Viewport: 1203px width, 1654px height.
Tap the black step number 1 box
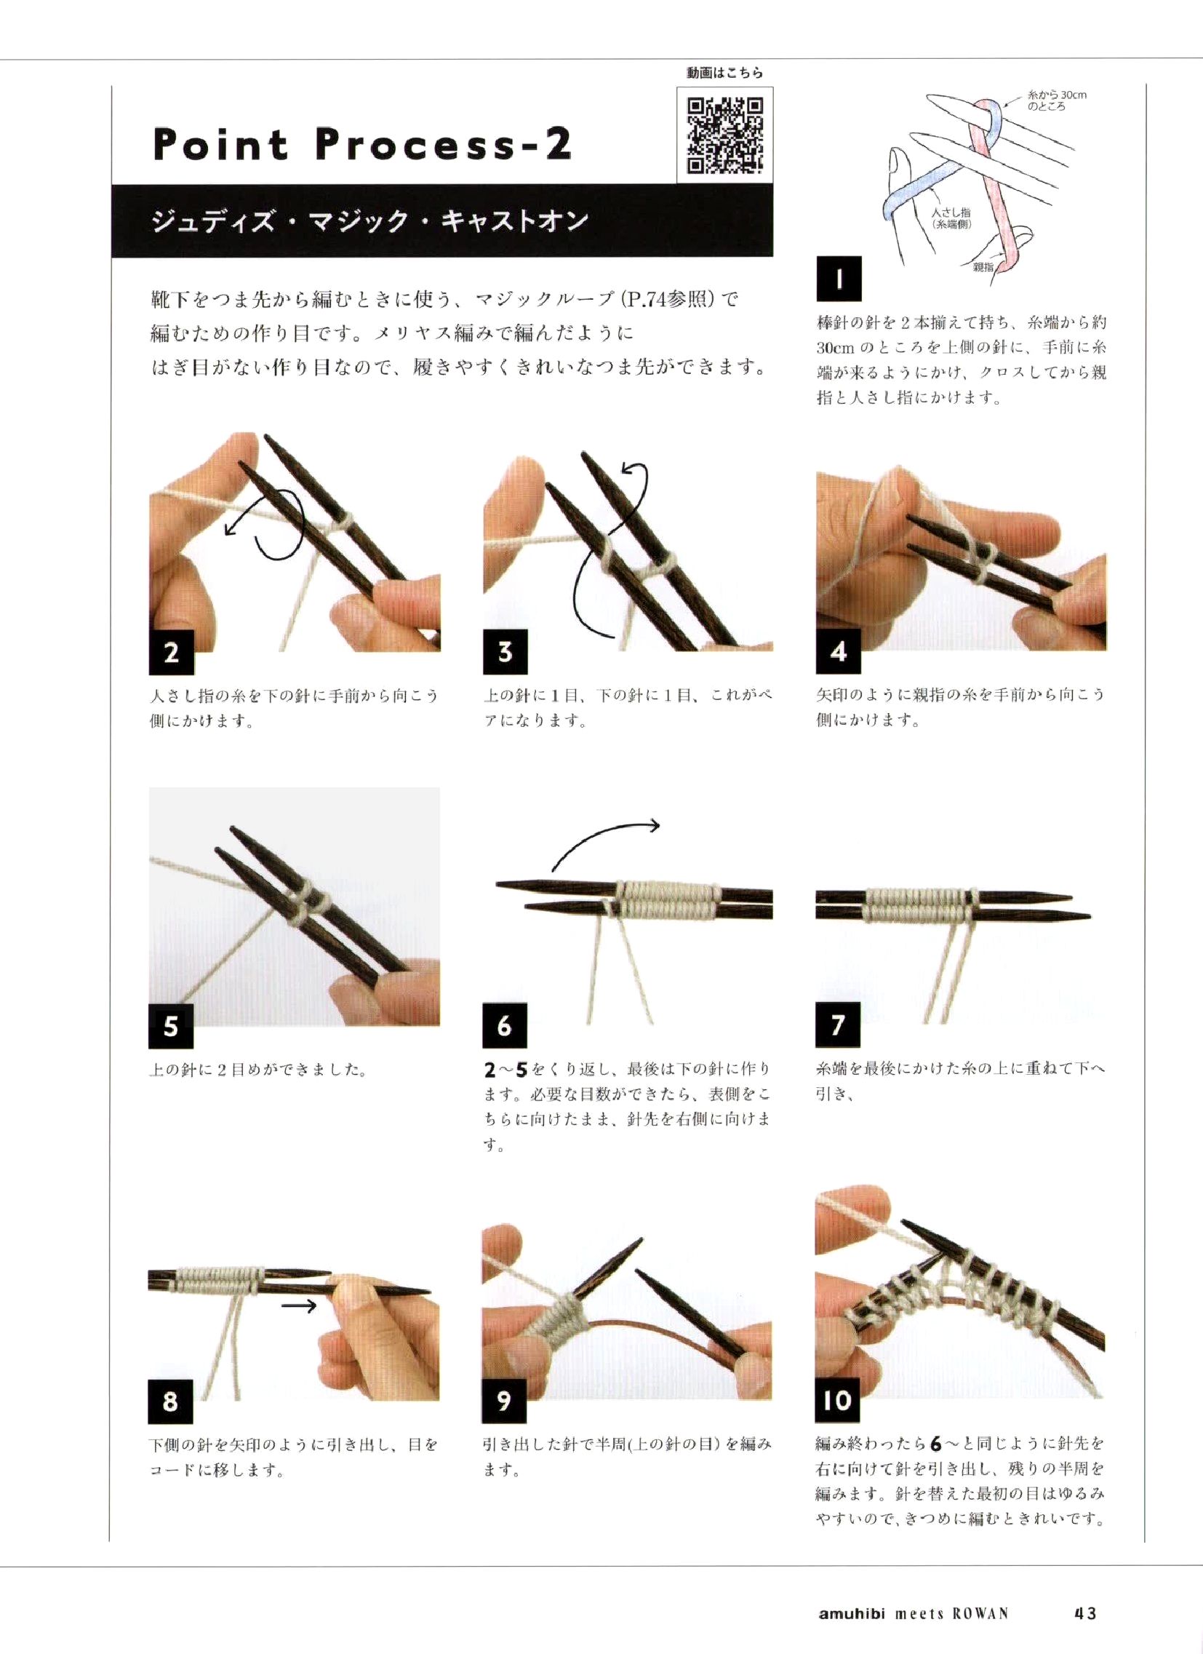point(839,279)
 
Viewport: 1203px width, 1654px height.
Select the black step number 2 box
point(172,652)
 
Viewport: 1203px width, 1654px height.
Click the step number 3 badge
point(505,652)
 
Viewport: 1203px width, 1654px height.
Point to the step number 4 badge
point(839,651)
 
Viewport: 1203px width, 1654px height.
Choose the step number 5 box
point(172,1026)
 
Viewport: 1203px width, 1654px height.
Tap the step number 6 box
point(505,1026)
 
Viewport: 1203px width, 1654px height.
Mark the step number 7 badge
point(839,1025)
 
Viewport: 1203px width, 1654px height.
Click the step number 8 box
point(171,1401)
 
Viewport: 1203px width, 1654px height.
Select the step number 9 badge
point(504,1401)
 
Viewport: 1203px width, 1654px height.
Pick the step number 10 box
point(838,1400)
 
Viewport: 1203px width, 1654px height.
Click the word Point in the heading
point(221,143)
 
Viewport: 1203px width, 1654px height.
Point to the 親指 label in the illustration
point(983,267)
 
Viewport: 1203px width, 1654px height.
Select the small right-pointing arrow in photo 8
point(299,1305)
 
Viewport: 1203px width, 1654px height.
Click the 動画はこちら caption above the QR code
point(724,73)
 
